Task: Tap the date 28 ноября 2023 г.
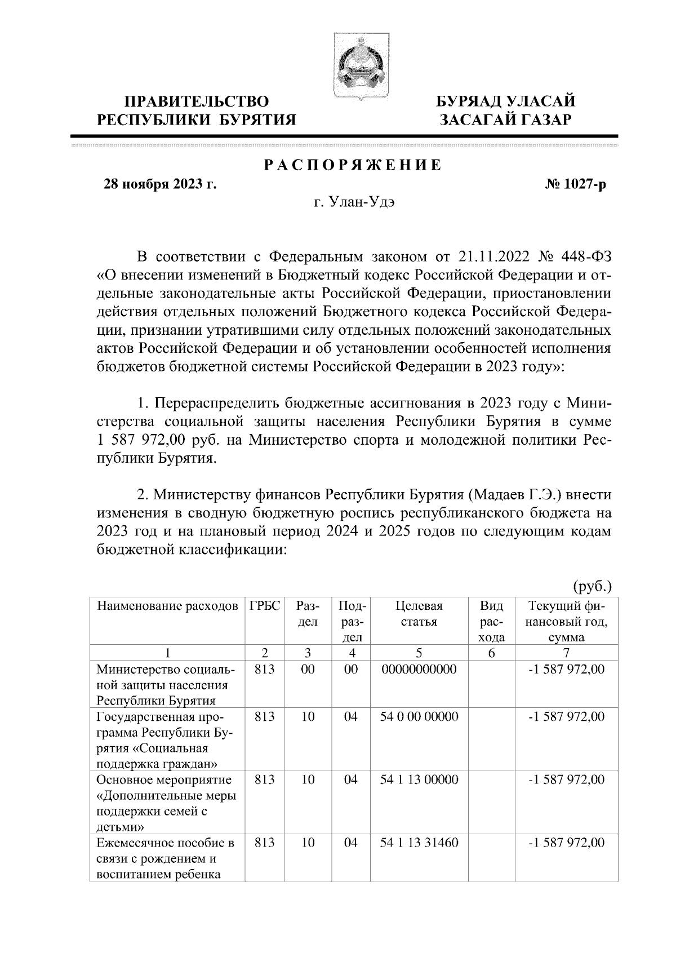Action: coord(159,184)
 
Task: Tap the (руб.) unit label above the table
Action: coord(592,587)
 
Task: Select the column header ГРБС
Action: coord(264,607)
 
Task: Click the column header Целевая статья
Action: coord(419,614)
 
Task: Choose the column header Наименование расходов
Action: coord(167,607)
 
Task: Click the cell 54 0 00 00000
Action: coord(419,717)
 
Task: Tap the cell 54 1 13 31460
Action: coord(419,843)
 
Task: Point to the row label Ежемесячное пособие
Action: coord(165,843)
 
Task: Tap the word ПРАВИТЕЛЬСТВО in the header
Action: coord(196,101)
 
